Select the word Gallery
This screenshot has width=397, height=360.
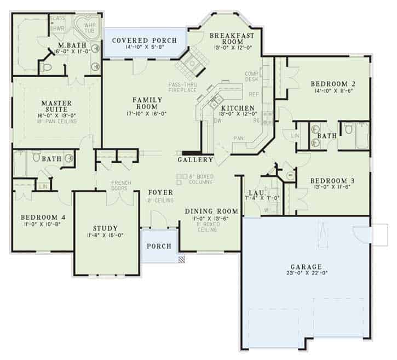pyautogui.click(x=195, y=160)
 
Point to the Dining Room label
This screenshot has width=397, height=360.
pyautogui.click(x=211, y=211)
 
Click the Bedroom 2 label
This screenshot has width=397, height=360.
pyautogui.click(x=333, y=84)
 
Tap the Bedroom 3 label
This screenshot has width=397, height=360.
pyautogui.click(x=333, y=180)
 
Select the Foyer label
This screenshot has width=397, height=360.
pyautogui.click(x=160, y=192)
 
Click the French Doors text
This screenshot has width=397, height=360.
pyautogui.click(x=119, y=185)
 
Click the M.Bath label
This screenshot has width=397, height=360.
pyautogui.click(x=72, y=44)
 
